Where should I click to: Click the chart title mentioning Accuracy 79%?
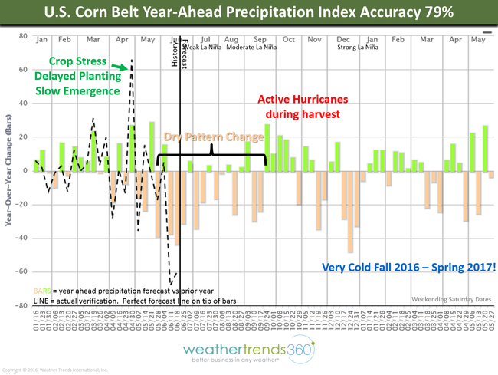pyautogui.click(x=249, y=14)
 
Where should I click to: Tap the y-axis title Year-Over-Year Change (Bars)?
pyautogui.click(x=9, y=169)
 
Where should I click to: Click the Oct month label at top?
pyautogui.click(x=288, y=39)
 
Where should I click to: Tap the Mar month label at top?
pyautogui.click(x=94, y=39)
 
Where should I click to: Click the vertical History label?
pyautogui.click(x=175, y=54)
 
